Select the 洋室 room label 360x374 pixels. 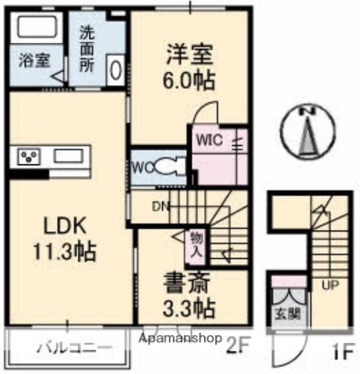point(188,55)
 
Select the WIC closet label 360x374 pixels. point(210,142)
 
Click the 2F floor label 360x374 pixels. point(238,341)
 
